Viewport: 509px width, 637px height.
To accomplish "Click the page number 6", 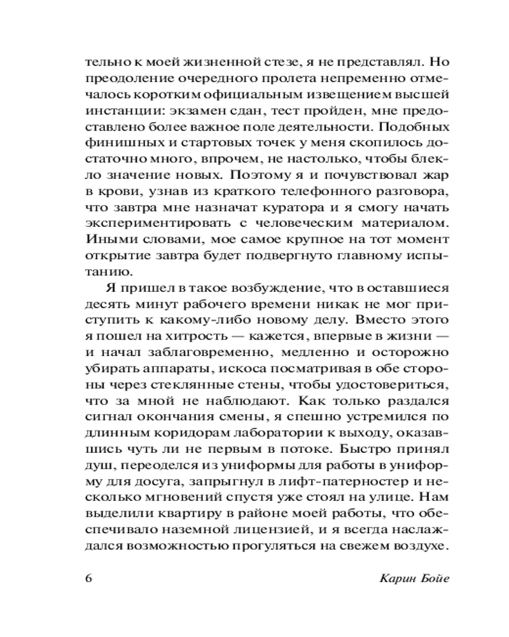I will click(x=88, y=580).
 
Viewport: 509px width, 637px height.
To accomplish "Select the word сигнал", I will click(x=106, y=420).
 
